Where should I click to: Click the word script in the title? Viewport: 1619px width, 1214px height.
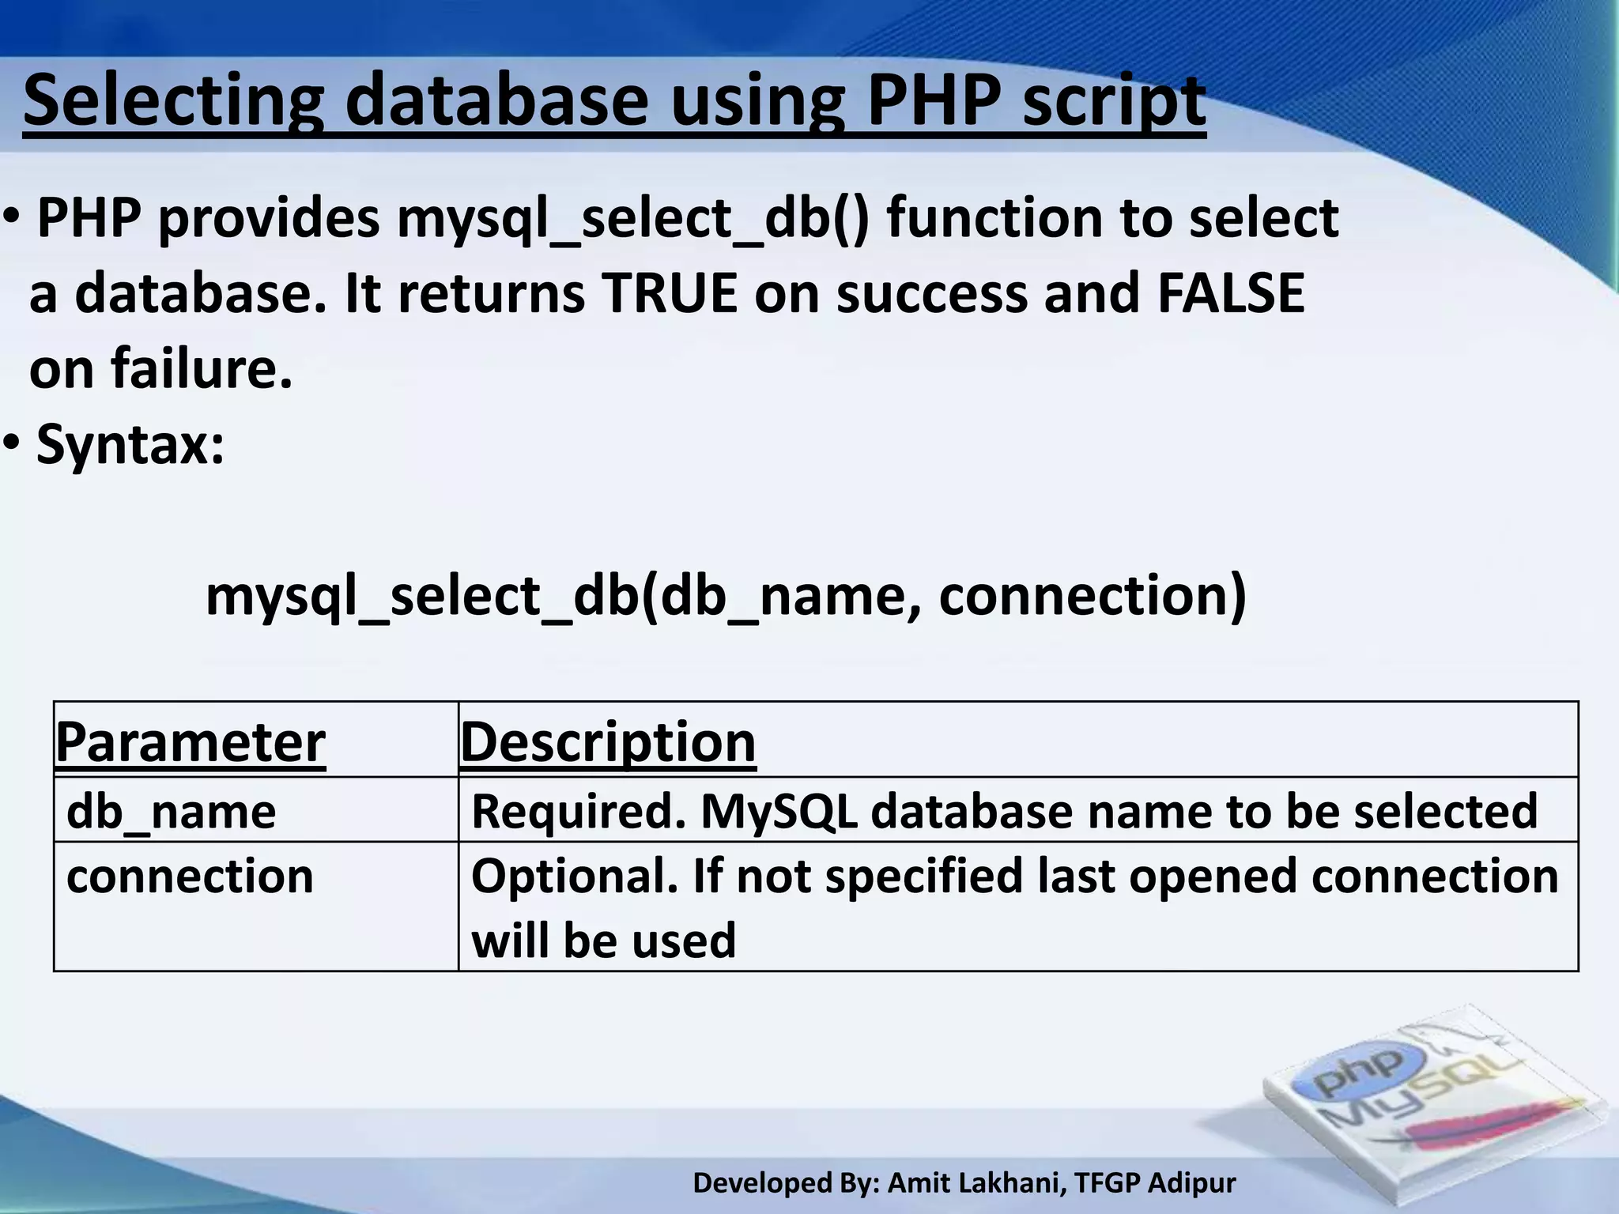pyautogui.click(x=1114, y=101)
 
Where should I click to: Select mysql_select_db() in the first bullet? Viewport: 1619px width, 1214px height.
pyautogui.click(x=632, y=218)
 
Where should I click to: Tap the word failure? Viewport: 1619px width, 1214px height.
pyautogui.click(x=202, y=369)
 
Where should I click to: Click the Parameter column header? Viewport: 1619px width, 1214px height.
pyautogui.click(x=191, y=742)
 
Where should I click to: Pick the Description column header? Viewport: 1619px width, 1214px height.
pyautogui.click(x=608, y=742)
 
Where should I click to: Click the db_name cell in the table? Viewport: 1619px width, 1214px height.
pyautogui.click(x=171, y=812)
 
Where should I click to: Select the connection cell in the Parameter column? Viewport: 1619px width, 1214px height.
pyautogui.click(x=190, y=877)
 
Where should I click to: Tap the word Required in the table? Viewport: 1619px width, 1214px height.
pyautogui.click(x=578, y=812)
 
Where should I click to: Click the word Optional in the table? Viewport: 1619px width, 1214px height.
pyautogui.click(x=574, y=877)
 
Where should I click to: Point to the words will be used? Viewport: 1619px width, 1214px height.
pyautogui.click(x=603, y=941)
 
